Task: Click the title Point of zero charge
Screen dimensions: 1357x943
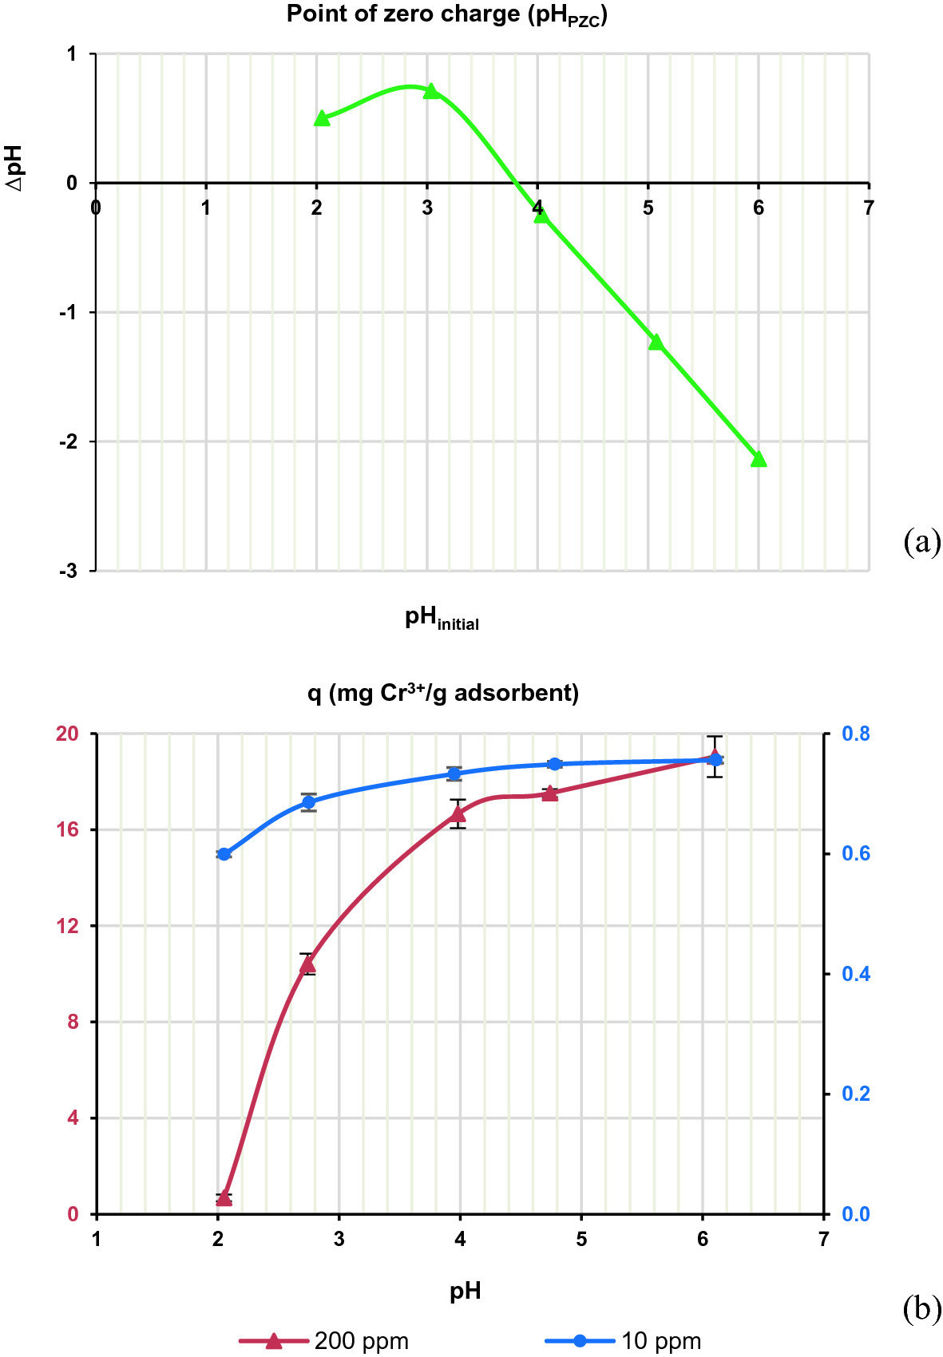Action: (446, 14)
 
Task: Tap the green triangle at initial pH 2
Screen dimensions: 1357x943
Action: (322, 118)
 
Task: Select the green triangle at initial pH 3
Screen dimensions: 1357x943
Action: (431, 91)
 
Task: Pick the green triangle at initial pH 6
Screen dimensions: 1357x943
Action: (759, 458)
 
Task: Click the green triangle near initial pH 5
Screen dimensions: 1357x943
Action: (656, 342)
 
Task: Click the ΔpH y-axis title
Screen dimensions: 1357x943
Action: (15, 168)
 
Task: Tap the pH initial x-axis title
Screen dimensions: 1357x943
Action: (442, 618)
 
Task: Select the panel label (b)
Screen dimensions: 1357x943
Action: (922, 1309)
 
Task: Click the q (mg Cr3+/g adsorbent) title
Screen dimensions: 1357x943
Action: (443, 692)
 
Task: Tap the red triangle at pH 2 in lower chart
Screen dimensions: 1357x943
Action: (224, 1197)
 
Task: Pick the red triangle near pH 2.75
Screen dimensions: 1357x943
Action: (308, 964)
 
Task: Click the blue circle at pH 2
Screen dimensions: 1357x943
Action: (224, 854)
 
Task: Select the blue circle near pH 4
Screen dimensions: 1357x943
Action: (454, 773)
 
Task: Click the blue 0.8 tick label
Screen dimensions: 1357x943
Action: (856, 734)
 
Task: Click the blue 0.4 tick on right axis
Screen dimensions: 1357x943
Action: (856, 974)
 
